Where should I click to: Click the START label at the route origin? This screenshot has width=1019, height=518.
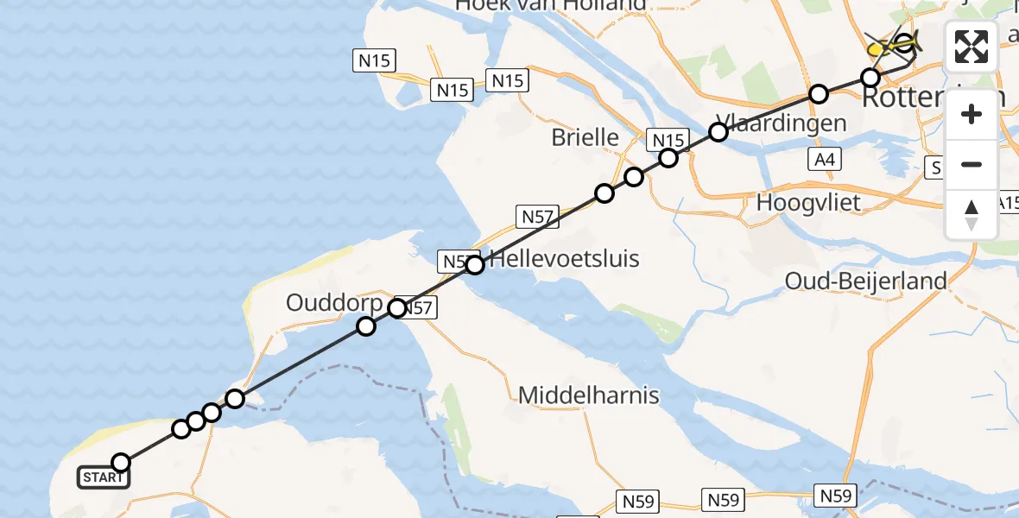pos(104,477)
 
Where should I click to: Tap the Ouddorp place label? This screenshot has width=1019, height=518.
pos(335,304)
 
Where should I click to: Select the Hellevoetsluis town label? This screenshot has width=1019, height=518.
pos(565,258)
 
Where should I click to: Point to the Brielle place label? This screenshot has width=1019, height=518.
pos(585,137)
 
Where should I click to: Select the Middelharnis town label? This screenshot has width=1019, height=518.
pos(589,396)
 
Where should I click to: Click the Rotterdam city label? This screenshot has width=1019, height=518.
pos(933,97)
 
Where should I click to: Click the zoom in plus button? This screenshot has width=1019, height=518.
pos(972,115)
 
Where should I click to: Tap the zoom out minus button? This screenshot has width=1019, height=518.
pos(972,164)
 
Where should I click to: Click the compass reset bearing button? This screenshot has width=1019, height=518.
pos(972,214)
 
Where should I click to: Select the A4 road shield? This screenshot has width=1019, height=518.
pos(824,159)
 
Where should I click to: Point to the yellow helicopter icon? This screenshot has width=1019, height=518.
pos(891,45)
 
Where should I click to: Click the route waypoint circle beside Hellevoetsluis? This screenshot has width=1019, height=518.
pos(475,265)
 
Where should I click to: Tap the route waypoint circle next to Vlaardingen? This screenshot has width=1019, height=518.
pos(718,132)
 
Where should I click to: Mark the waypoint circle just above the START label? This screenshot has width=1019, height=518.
pos(121,462)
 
